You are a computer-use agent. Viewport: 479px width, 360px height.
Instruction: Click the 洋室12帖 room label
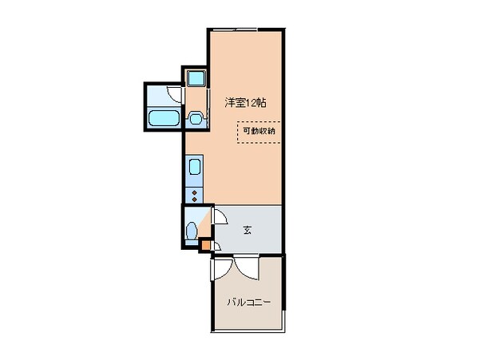(x=245, y=102)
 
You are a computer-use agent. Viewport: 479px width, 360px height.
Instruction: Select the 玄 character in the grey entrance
(x=247, y=231)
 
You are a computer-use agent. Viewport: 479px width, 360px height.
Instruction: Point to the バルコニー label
(x=248, y=303)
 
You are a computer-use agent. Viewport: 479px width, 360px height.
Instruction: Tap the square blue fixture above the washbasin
(x=196, y=78)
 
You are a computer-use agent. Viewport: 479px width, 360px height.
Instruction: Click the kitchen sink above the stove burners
(x=194, y=169)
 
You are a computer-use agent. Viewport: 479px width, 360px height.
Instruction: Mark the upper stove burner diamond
(x=193, y=192)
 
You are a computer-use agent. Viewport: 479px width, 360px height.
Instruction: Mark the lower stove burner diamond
(x=193, y=199)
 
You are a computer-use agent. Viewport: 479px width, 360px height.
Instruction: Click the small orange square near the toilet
(x=205, y=245)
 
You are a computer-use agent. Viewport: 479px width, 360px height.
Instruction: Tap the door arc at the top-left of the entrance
(x=220, y=216)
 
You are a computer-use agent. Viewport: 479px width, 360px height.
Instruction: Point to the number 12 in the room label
(x=251, y=102)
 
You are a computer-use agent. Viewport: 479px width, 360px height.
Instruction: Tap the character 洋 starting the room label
(x=229, y=102)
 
